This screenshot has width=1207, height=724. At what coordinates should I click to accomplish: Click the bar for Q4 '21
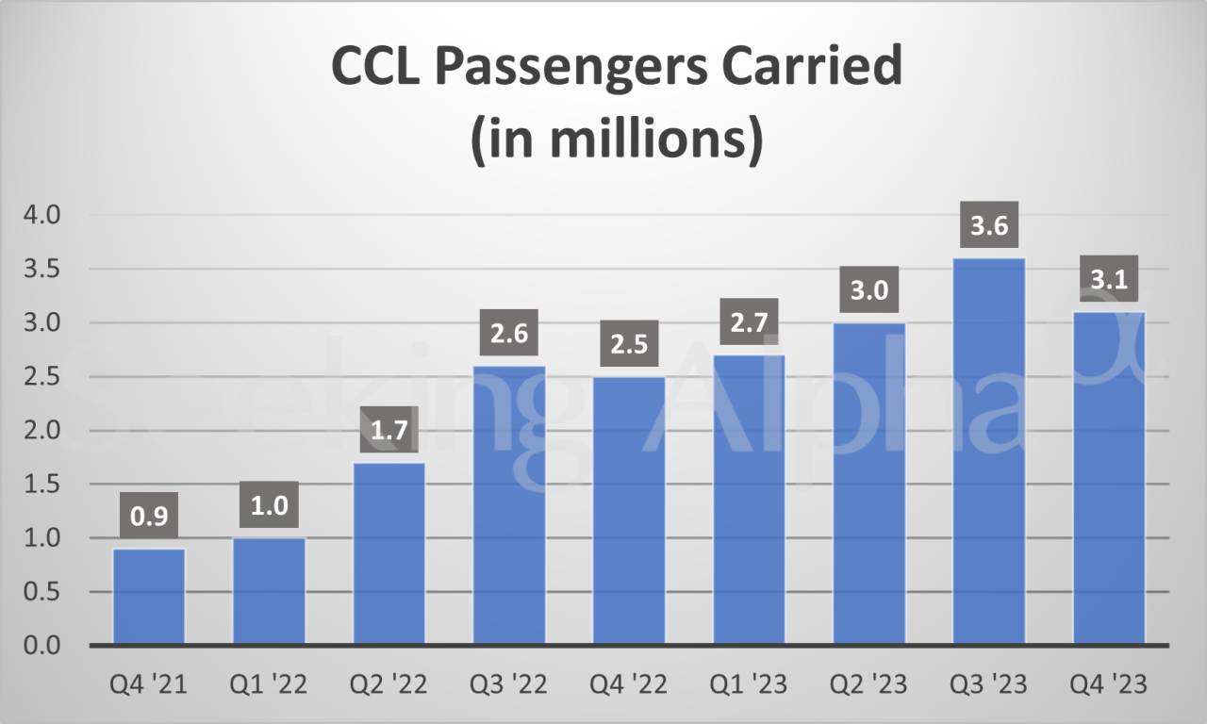pos(149,597)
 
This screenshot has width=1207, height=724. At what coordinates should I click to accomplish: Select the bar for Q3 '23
pos(989,452)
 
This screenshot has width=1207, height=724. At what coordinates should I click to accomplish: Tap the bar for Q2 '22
pos(389,553)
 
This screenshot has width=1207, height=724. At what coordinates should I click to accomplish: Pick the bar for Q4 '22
pos(629,511)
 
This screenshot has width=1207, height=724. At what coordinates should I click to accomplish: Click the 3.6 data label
pos(989,227)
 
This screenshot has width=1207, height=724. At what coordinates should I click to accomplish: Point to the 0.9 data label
pos(149,518)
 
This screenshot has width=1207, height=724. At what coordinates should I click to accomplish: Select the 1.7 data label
pos(389,432)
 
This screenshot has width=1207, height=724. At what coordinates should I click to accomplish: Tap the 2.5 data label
pos(629,345)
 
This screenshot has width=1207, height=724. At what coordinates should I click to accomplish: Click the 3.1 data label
pos(1109,281)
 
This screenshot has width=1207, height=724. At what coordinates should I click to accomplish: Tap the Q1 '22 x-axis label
pos(270,684)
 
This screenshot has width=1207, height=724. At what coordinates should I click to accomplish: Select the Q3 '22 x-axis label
pos(509,684)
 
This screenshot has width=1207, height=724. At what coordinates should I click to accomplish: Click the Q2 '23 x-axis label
pos(869,684)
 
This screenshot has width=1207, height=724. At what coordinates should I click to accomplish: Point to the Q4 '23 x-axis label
pos(1109,684)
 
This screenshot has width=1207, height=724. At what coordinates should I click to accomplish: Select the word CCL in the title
pos(372,70)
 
